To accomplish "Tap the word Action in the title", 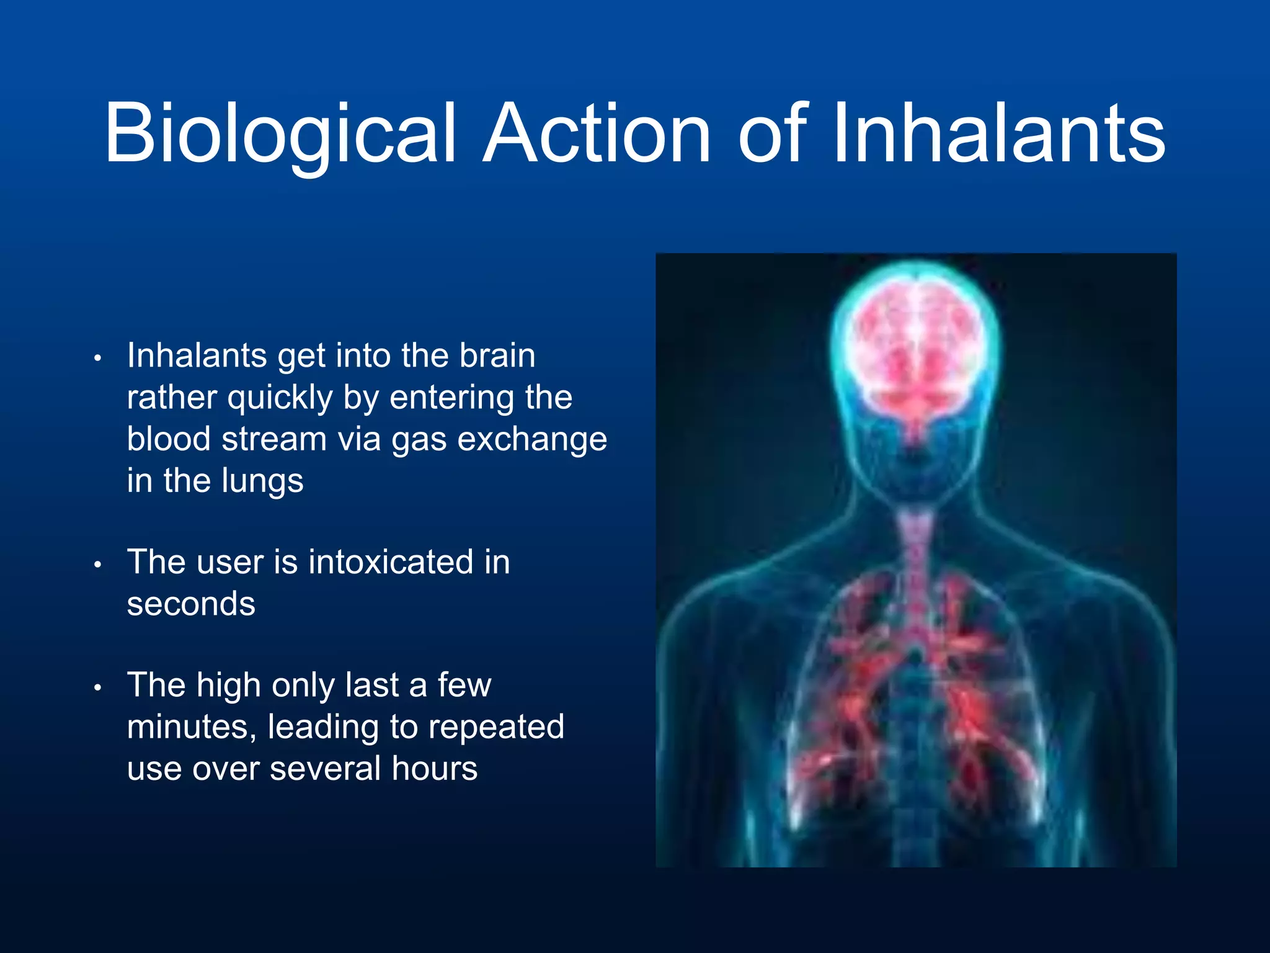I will click(x=596, y=135).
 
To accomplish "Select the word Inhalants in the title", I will click(x=998, y=135).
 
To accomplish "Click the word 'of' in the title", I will click(x=773, y=135).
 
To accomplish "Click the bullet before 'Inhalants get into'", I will click(x=97, y=359).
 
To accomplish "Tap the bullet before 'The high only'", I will click(x=97, y=688).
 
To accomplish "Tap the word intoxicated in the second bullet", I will click(x=391, y=563).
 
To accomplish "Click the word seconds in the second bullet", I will click(x=191, y=604).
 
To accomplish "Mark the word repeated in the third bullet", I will click(x=496, y=727).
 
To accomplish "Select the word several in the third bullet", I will click(x=324, y=769).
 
